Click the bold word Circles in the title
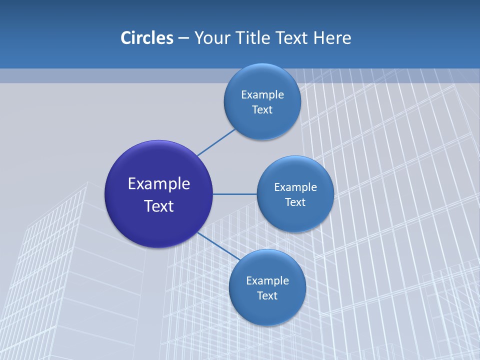(x=146, y=38)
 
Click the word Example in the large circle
(x=159, y=184)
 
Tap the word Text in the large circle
(x=159, y=206)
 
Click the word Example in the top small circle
(x=262, y=95)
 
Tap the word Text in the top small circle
(x=262, y=110)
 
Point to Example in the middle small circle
(x=295, y=187)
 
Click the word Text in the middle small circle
(x=295, y=202)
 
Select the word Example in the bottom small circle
(x=267, y=281)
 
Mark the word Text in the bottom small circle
(x=267, y=296)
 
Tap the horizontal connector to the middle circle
(x=235, y=194)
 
